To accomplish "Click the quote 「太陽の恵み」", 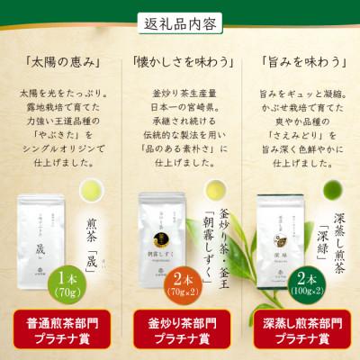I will click(x=59, y=62).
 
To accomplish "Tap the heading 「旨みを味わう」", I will click(x=299, y=62).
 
